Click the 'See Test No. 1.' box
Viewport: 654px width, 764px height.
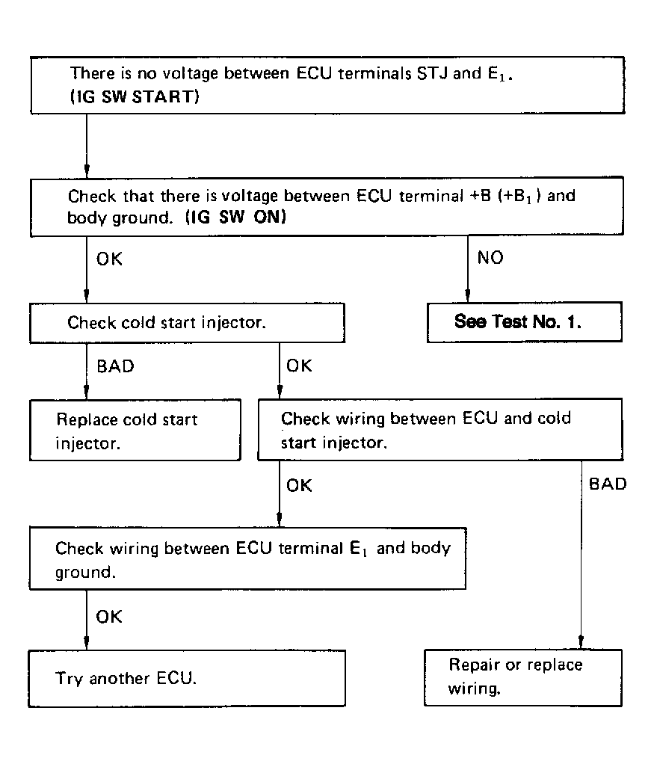point(525,322)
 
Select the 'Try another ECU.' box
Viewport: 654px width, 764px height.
point(187,678)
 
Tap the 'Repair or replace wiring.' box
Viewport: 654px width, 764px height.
point(523,677)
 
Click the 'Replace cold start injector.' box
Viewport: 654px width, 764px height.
point(135,431)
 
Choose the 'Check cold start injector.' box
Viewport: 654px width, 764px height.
point(187,323)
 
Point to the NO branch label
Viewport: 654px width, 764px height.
point(490,258)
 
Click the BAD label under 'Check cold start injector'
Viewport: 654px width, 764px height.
point(116,366)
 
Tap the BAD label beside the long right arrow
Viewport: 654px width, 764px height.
point(608,484)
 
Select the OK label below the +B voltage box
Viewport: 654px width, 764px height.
point(109,259)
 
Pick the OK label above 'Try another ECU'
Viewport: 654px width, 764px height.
point(108,617)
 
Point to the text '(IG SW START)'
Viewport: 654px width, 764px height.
point(135,96)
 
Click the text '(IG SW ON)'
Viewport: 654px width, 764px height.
point(236,217)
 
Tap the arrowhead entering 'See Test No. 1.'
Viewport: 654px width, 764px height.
point(468,296)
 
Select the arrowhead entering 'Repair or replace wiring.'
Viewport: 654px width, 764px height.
point(581,643)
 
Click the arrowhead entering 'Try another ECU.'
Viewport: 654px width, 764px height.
point(87,644)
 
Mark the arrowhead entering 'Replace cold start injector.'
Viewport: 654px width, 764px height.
point(87,393)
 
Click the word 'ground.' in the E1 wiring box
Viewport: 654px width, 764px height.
point(85,573)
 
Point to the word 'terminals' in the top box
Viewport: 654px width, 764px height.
point(374,73)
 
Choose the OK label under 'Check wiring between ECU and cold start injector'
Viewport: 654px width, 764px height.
point(299,486)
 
